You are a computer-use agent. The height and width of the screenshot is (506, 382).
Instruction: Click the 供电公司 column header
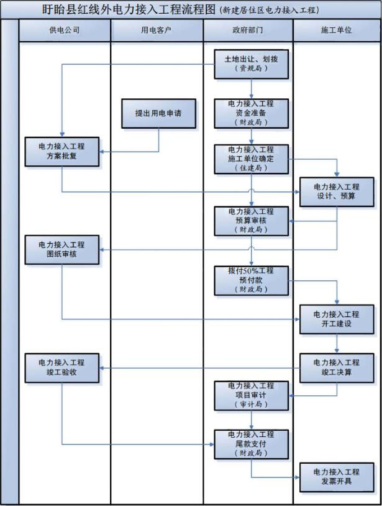[x=65, y=30]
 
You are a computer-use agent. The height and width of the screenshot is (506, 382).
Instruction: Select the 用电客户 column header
[x=157, y=30]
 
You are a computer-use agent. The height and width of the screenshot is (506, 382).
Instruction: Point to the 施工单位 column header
[x=336, y=30]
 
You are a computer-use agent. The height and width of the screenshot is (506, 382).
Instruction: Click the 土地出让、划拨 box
[x=251, y=64]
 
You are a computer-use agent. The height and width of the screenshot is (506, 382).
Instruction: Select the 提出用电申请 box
[x=158, y=114]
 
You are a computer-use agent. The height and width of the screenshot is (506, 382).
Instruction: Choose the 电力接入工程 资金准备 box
[x=251, y=113]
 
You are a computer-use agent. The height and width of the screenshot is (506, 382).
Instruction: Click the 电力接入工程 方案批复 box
[x=62, y=152]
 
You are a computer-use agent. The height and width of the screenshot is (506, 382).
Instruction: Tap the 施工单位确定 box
[x=251, y=159]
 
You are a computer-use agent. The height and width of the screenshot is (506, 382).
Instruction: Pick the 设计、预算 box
[x=337, y=191]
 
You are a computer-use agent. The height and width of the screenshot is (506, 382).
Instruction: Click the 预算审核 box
[x=251, y=221]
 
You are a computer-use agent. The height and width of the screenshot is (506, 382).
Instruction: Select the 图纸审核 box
[x=62, y=249]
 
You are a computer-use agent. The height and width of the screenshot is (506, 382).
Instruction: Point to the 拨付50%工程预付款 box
[x=251, y=280]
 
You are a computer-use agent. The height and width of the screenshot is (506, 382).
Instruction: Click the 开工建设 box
[x=337, y=319]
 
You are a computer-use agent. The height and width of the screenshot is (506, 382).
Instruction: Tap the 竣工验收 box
[x=62, y=367]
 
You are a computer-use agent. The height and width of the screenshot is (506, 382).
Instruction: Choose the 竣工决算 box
[x=337, y=367]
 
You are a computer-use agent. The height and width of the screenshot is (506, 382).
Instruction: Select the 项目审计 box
[x=251, y=395]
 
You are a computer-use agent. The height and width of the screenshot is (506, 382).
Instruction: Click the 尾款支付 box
[x=251, y=444]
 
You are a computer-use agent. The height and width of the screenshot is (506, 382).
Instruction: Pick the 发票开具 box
[x=337, y=477]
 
